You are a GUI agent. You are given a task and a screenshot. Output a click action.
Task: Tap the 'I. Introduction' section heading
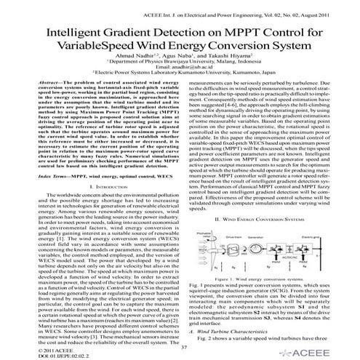point(92,208)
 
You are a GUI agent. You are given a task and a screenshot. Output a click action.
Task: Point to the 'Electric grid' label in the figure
point(326,256)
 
